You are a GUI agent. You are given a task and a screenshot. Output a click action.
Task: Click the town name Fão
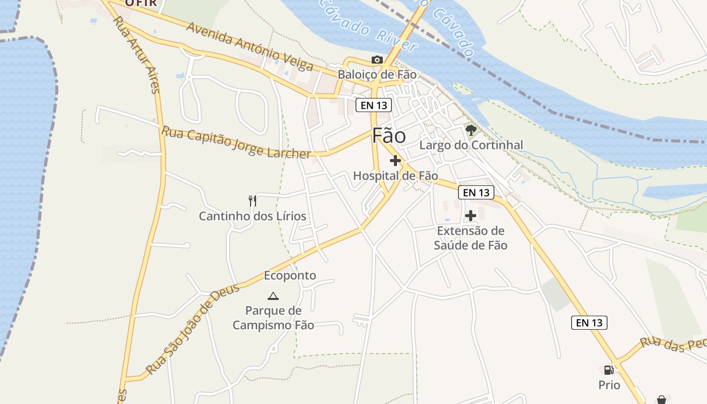pos(389,136)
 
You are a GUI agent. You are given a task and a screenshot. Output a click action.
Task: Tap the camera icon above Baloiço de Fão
pos(377,60)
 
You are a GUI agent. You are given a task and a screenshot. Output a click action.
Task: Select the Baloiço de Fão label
pos(377,75)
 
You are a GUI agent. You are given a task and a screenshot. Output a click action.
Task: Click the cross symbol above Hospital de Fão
pos(395,161)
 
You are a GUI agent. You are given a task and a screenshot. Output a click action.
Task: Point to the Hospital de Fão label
pos(395,176)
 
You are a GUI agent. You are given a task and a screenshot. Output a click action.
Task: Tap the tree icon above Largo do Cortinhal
pos(471,130)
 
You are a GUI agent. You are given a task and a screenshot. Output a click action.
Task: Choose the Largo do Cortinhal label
pos(471,145)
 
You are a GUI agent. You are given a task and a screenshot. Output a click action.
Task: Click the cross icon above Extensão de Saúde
pos(471,216)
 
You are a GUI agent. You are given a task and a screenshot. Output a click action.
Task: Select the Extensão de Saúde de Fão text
pos(471,238)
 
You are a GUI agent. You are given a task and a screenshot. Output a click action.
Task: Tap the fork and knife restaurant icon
pos(252,201)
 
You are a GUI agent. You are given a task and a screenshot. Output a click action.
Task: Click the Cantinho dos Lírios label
pos(252,216)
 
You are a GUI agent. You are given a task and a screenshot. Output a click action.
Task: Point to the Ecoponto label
pos(290,275)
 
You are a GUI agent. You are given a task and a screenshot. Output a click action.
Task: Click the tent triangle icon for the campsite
pos(273,296)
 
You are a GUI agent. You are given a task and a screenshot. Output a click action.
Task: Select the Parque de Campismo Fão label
pos(273,318)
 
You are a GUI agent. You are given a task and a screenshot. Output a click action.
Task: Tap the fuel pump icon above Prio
pos(609,370)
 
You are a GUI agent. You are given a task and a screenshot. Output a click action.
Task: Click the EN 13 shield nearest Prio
pos(589,323)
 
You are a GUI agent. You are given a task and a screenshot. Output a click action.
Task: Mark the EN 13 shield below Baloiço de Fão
pos(374,105)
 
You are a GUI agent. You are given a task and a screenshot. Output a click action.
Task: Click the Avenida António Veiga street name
pos(249,46)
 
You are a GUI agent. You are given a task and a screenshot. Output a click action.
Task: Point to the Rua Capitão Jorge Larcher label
pos(236,142)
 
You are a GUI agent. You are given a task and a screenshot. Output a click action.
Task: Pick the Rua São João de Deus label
pos(192,331)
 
